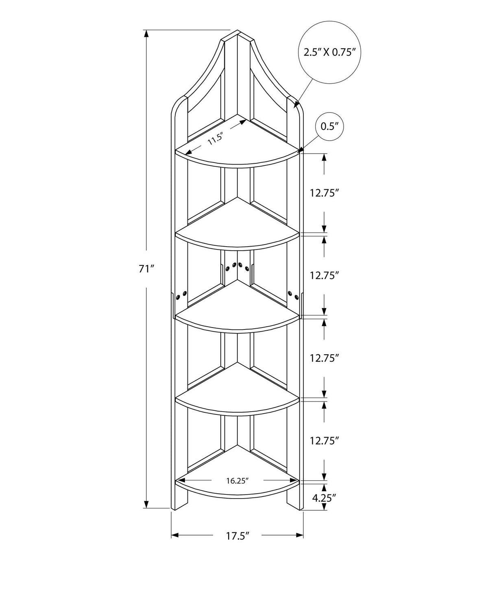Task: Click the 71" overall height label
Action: tap(146, 269)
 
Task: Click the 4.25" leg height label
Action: tap(324, 498)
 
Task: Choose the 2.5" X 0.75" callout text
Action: tap(330, 52)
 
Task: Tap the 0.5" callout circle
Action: tap(330, 127)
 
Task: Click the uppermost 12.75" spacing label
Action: tap(324, 193)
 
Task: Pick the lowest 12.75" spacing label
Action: tap(324, 441)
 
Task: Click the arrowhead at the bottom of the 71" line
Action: tap(146, 504)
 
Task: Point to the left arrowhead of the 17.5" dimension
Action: tap(175, 535)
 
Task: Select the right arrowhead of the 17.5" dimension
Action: tap(300, 535)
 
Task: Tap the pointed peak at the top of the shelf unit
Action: tap(238, 30)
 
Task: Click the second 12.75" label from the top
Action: tap(324, 275)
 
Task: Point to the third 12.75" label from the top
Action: tap(324, 358)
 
